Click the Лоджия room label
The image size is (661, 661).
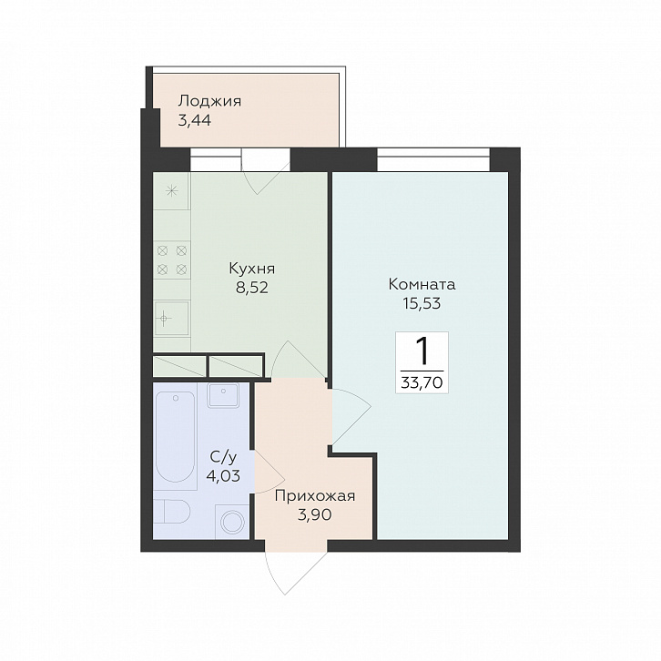click(209, 103)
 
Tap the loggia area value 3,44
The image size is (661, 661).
click(195, 121)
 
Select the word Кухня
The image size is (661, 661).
click(252, 269)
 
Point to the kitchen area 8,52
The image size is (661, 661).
click(252, 288)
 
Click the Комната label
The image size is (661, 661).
click(422, 284)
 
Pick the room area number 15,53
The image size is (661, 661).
click(422, 303)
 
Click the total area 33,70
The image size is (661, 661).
click(422, 382)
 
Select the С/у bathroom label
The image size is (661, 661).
click(223, 457)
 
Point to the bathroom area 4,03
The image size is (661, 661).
click(223, 476)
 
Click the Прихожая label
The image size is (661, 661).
click(314, 496)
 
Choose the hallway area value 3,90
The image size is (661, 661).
click(314, 514)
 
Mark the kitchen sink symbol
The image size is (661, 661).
click(172, 318)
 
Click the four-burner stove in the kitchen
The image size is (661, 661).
click(171, 259)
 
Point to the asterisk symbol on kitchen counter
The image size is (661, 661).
click(171, 191)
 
